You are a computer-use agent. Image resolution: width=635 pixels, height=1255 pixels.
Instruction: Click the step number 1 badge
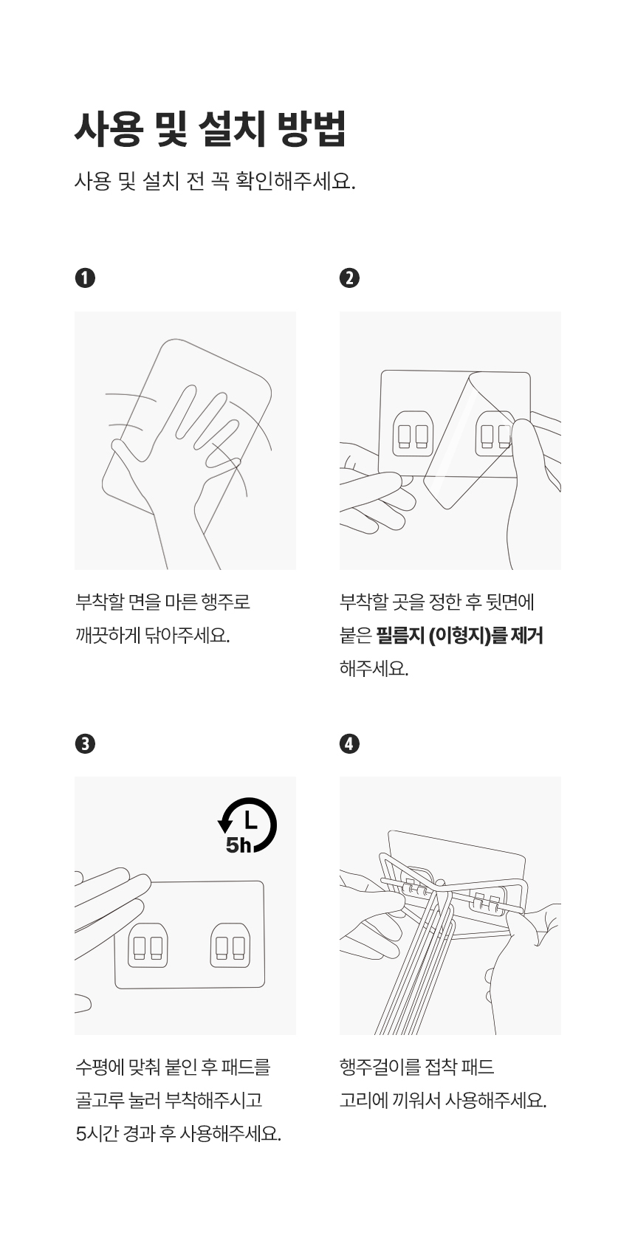[x=85, y=278]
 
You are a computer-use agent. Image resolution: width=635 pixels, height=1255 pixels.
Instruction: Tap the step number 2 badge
[x=350, y=278]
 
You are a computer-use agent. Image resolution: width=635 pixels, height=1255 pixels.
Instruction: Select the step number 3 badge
[x=85, y=743]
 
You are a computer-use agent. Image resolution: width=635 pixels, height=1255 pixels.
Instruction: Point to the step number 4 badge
[x=350, y=743]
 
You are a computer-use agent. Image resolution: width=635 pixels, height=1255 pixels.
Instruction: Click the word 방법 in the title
[x=312, y=129]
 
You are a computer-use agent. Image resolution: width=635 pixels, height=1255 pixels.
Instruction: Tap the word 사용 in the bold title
[x=108, y=129]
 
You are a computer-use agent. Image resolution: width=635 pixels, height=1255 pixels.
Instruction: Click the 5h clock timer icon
[x=247, y=825]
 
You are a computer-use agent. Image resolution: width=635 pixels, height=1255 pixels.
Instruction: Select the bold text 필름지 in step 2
[x=400, y=636]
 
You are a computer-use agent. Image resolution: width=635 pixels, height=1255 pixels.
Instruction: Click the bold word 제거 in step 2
[x=527, y=636]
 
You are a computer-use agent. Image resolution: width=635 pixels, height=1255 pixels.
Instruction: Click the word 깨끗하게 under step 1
[x=108, y=636]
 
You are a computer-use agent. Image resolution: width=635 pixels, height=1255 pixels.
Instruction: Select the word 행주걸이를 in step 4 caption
[x=380, y=1067]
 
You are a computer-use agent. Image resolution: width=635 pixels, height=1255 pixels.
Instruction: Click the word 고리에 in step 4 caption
[x=364, y=1101]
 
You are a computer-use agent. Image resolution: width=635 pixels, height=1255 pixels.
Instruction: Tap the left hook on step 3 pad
[x=148, y=945]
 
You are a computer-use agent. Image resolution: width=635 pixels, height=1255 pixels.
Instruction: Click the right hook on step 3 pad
[x=230, y=945]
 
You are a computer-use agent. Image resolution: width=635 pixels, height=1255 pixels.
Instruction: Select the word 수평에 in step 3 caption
[x=99, y=1067]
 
